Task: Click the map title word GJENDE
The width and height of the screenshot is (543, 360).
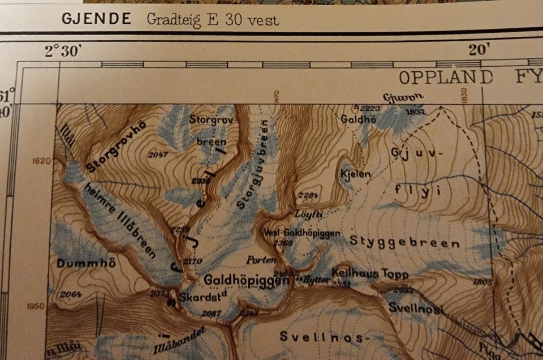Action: point(96,19)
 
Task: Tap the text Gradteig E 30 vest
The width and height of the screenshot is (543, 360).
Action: point(213,20)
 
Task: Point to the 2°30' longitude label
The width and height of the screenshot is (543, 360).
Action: point(63,51)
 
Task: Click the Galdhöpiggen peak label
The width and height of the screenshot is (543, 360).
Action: point(243,280)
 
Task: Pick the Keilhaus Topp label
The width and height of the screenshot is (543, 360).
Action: point(369,273)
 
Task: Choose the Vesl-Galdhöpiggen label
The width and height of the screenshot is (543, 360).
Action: point(301,233)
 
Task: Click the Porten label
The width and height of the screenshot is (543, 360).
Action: point(262,260)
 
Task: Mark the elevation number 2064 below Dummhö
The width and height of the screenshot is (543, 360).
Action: point(70,294)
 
